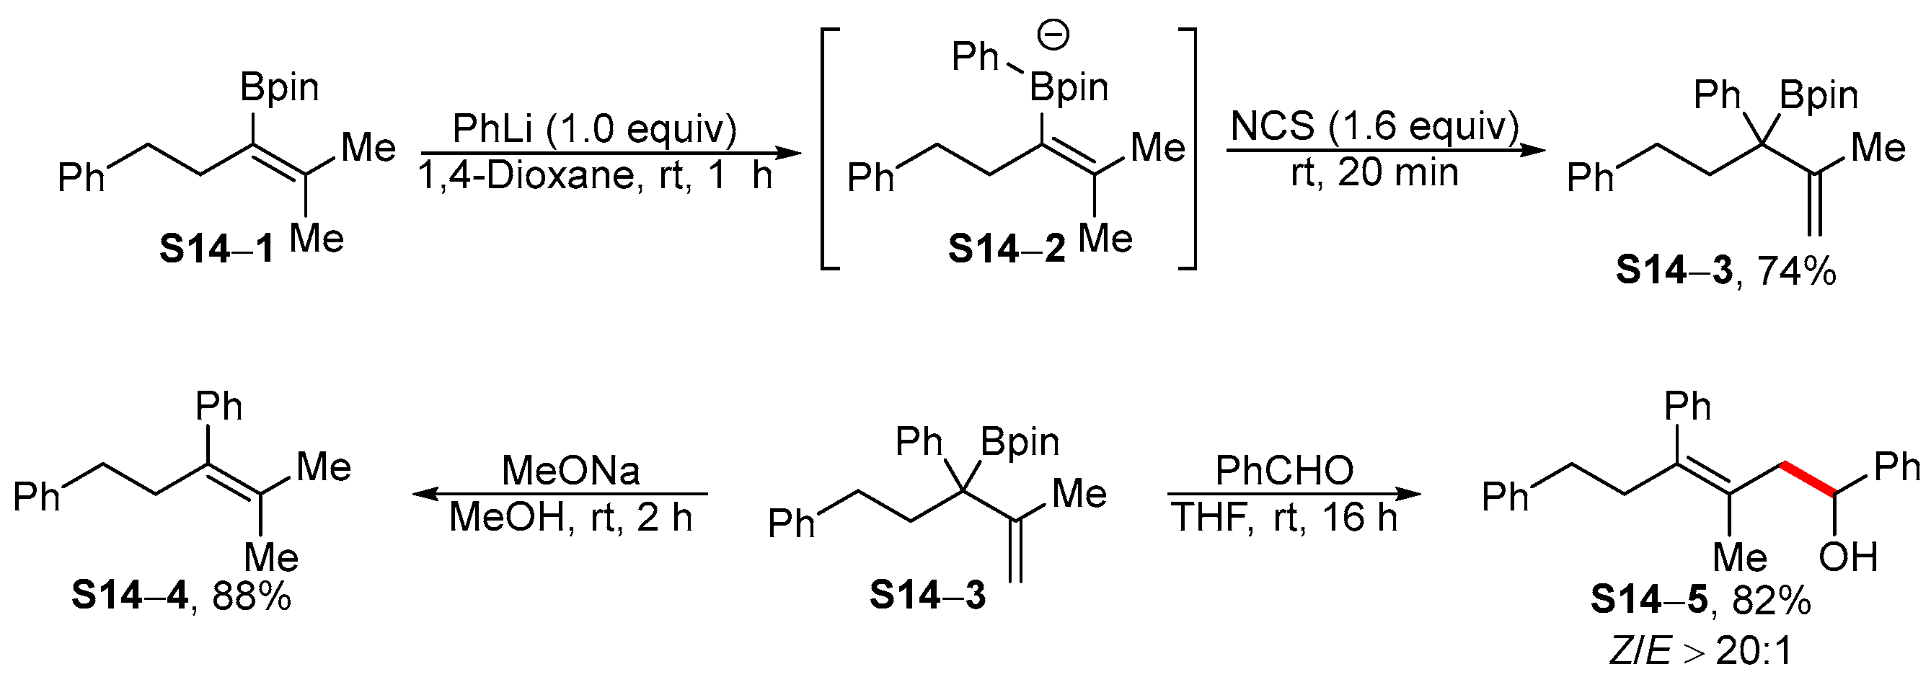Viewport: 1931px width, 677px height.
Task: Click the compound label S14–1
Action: (216, 249)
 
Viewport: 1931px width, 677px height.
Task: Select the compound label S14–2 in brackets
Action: (1006, 249)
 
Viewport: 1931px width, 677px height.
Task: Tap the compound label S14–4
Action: (130, 597)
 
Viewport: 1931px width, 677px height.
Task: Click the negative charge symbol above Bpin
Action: (1055, 35)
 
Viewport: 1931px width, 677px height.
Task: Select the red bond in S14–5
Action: (1809, 481)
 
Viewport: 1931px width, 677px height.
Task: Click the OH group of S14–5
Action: (1849, 557)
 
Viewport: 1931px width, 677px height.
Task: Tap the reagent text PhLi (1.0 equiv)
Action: (594, 129)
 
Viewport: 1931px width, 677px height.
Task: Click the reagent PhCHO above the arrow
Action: (1284, 471)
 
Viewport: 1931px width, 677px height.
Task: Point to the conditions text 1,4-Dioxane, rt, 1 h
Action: (594, 177)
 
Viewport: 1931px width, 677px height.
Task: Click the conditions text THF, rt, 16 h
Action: (1284, 518)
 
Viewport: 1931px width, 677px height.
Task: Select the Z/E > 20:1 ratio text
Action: (1701, 652)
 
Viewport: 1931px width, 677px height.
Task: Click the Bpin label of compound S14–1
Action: (280, 88)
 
